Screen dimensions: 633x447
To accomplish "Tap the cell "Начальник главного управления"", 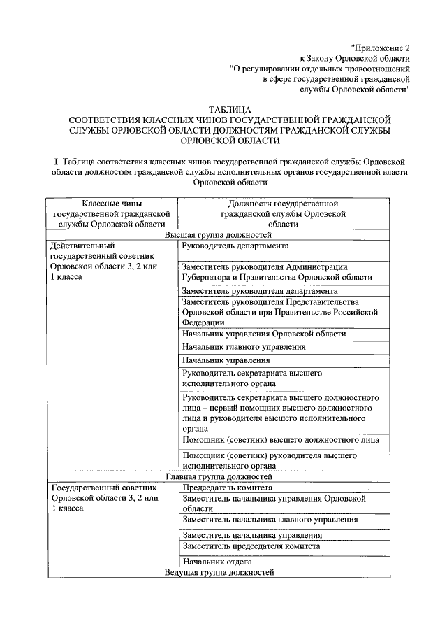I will point(244,347).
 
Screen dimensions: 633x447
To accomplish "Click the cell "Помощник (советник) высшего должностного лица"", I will point(280,440).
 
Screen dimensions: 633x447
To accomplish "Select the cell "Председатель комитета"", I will point(227,488).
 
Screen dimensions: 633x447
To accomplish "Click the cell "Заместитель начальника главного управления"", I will point(270,520).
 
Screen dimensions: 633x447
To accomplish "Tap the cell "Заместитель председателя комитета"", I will point(251,546).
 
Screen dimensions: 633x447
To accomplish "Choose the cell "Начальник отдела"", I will point(217,562).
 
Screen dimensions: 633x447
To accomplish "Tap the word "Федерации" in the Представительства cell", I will point(203,323).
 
